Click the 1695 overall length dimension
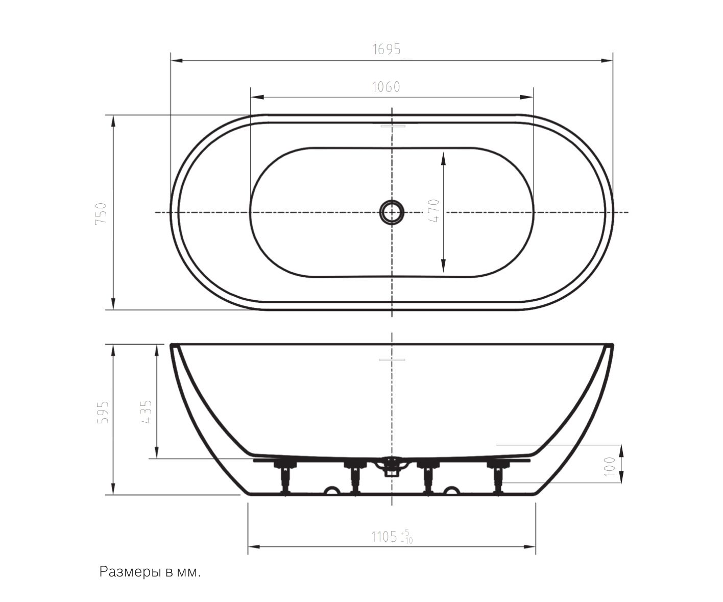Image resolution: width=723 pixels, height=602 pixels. (x=387, y=49)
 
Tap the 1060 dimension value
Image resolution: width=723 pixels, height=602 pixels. (x=385, y=87)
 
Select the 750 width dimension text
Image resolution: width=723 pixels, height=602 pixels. (x=101, y=214)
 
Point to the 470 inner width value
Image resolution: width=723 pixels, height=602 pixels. (x=433, y=210)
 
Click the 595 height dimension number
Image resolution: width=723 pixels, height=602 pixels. (x=103, y=412)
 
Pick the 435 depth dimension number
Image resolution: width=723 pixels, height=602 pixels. (x=146, y=412)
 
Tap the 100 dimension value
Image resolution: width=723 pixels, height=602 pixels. (x=610, y=467)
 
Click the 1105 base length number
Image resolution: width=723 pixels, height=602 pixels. (x=384, y=537)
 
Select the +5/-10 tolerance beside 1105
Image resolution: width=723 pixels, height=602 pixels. (x=406, y=537)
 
